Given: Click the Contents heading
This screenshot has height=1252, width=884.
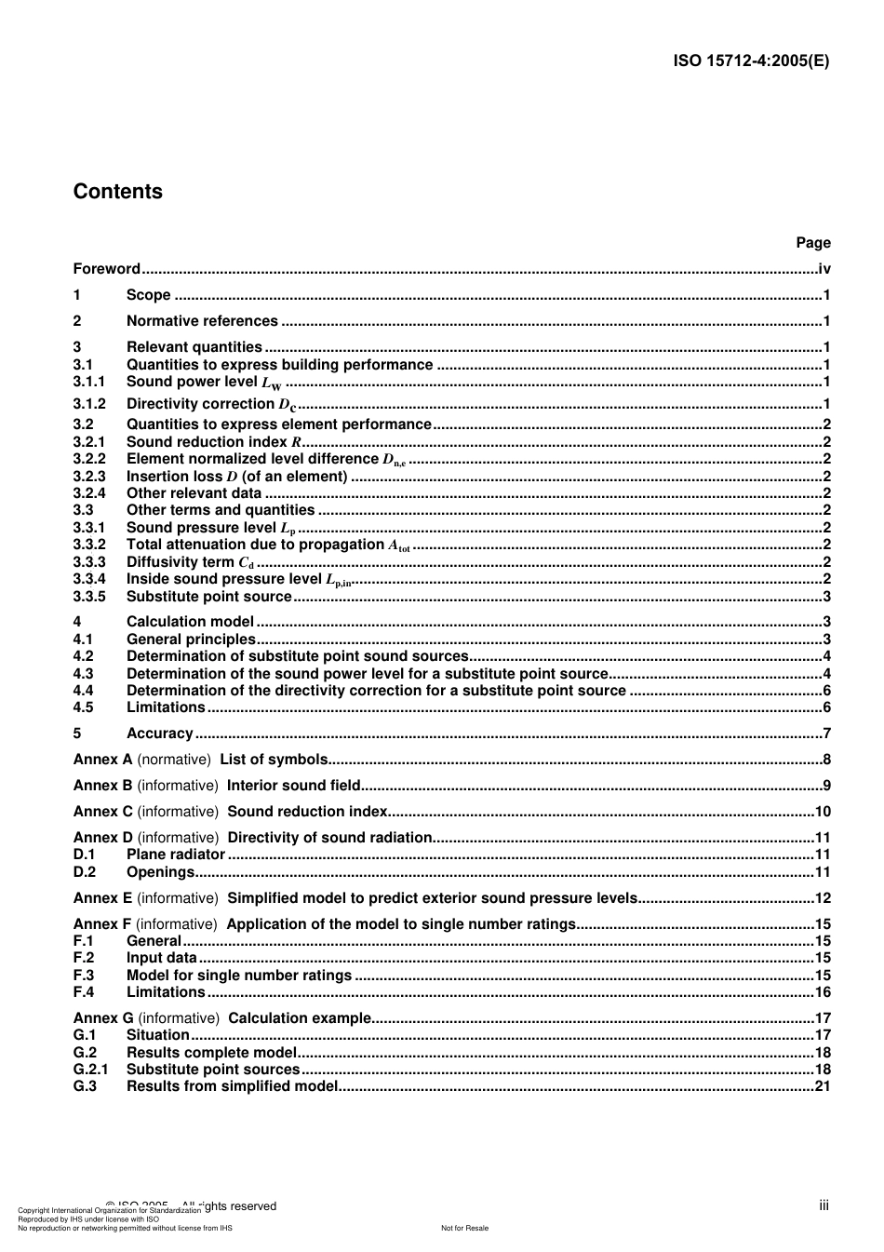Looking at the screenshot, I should click(x=117, y=192).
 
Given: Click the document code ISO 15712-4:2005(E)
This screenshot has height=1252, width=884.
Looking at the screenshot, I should click(x=751, y=61).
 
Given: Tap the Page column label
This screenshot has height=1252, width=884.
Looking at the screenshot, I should click(x=812, y=243).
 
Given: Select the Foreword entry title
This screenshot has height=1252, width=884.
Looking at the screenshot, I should click(x=106, y=269).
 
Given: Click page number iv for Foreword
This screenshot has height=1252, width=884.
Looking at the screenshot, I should click(x=824, y=269).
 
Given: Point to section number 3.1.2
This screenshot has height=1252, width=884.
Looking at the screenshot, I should click(x=89, y=404).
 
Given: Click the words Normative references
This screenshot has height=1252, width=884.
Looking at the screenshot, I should click(x=202, y=321).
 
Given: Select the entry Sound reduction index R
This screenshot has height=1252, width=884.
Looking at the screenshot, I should click(x=214, y=442).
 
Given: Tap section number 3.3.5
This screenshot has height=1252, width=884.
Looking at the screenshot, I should click(x=89, y=597).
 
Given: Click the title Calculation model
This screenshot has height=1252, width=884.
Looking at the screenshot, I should click(x=190, y=622).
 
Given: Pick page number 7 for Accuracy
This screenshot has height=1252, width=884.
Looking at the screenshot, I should click(x=826, y=734).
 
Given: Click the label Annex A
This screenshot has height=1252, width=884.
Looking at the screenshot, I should click(x=102, y=760).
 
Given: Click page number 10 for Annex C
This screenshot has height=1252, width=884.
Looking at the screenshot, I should click(x=823, y=812).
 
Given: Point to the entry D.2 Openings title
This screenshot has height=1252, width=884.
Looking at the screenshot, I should click(x=160, y=872).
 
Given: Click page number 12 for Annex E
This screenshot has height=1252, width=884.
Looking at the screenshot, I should click(x=823, y=898).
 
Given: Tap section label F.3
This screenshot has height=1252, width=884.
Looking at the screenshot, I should click(x=84, y=976).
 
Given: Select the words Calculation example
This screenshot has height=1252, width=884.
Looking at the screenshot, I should click(x=299, y=1018).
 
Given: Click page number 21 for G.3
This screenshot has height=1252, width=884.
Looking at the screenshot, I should click(x=823, y=1086).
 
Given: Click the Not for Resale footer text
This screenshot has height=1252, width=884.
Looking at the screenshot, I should click(x=464, y=1229).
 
